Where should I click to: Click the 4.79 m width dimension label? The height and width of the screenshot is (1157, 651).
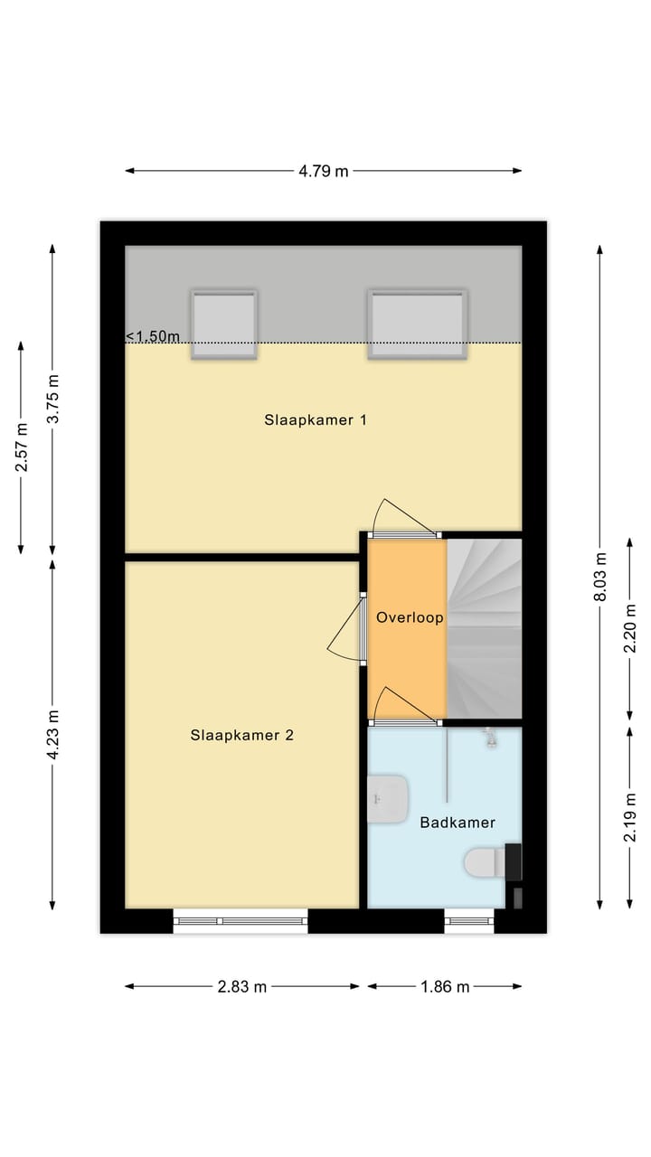coord(324,171)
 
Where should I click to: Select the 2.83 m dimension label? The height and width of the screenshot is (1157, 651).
coord(242,986)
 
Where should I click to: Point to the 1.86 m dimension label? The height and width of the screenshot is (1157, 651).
coord(445,986)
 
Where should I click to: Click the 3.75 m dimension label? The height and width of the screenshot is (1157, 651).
coord(53,400)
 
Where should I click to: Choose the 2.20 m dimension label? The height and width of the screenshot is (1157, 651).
coord(629,629)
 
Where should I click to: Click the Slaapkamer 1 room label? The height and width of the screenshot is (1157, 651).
coord(315,420)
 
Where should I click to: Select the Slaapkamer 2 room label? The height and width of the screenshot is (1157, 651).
coord(241,735)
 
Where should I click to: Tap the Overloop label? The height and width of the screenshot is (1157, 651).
coord(410,618)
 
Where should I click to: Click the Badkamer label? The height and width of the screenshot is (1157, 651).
coord(458,823)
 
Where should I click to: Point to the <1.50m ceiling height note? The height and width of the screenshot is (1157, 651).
coord(153,336)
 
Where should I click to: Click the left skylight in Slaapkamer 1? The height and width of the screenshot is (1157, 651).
coord(223,324)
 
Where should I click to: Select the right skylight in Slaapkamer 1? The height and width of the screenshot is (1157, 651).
coord(418,324)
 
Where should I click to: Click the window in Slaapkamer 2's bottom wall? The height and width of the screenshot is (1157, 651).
coord(241,920)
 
